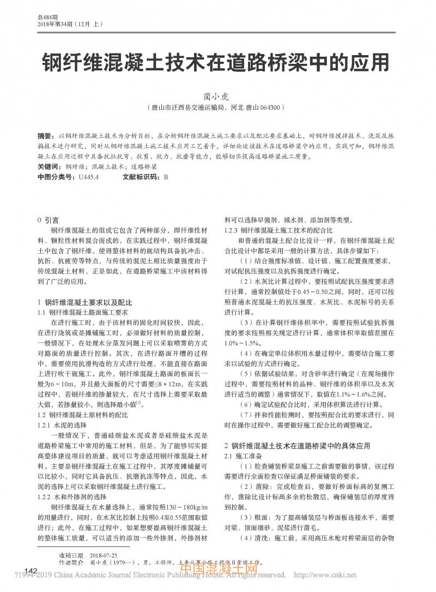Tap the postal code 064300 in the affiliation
271,108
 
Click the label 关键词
49,166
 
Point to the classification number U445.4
88,177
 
